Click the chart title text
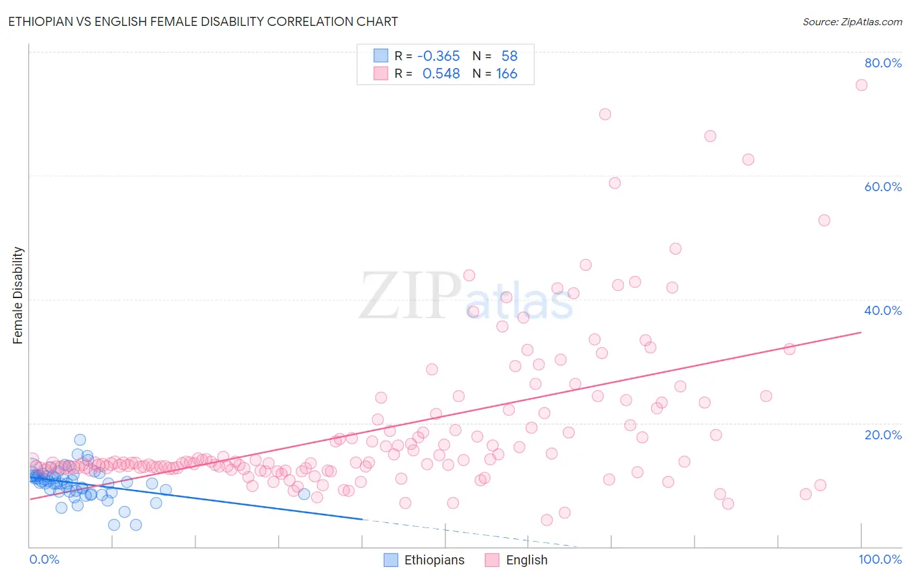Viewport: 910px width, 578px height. pyautogui.click(x=203, y=21)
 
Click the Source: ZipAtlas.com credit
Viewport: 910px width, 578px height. pyautogui.click(x=852, y=21)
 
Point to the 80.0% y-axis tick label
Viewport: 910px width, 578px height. pyautogui.click(x=883, y=63)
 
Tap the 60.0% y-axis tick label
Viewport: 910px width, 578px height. pyautogui.click(x=883, y=187)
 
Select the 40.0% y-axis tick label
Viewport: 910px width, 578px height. pyautogui.click(x=883, y=310)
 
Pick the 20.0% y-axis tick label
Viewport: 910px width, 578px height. pyautogui.click(x=883, y=434)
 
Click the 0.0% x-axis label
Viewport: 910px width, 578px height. pyautogui.click(x=44, y=559)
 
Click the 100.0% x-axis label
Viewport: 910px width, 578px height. pyautogui.click(x=880, y=559)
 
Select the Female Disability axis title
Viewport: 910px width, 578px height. pyautogui.click(x=18, y=295)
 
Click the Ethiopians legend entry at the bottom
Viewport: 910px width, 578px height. pyautogui.click(x=425, y=560)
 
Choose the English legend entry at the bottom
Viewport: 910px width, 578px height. pyautogui.click(x=516, y=560)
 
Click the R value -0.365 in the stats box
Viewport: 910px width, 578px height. pyautogui.click(x=438, y=56)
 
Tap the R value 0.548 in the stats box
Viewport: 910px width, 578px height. pyautogui.click(x=441, y=74)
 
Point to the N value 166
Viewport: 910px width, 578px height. pyautogui.click(x=506, y=74)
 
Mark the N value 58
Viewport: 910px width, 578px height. pyautogui.click(x=509, y=56)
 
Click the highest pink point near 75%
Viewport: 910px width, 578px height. pyautogui.click(x=861, y=85)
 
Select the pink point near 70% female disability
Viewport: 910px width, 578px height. pyautogui.click(x=605, y=114)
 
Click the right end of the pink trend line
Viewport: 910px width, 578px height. pyautogui.click(x=861, y=332)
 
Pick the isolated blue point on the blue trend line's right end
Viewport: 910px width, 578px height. pyautogui.click(x=304, y=494)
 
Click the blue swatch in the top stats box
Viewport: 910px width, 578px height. pyautogui.click(x=381, y=56)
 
